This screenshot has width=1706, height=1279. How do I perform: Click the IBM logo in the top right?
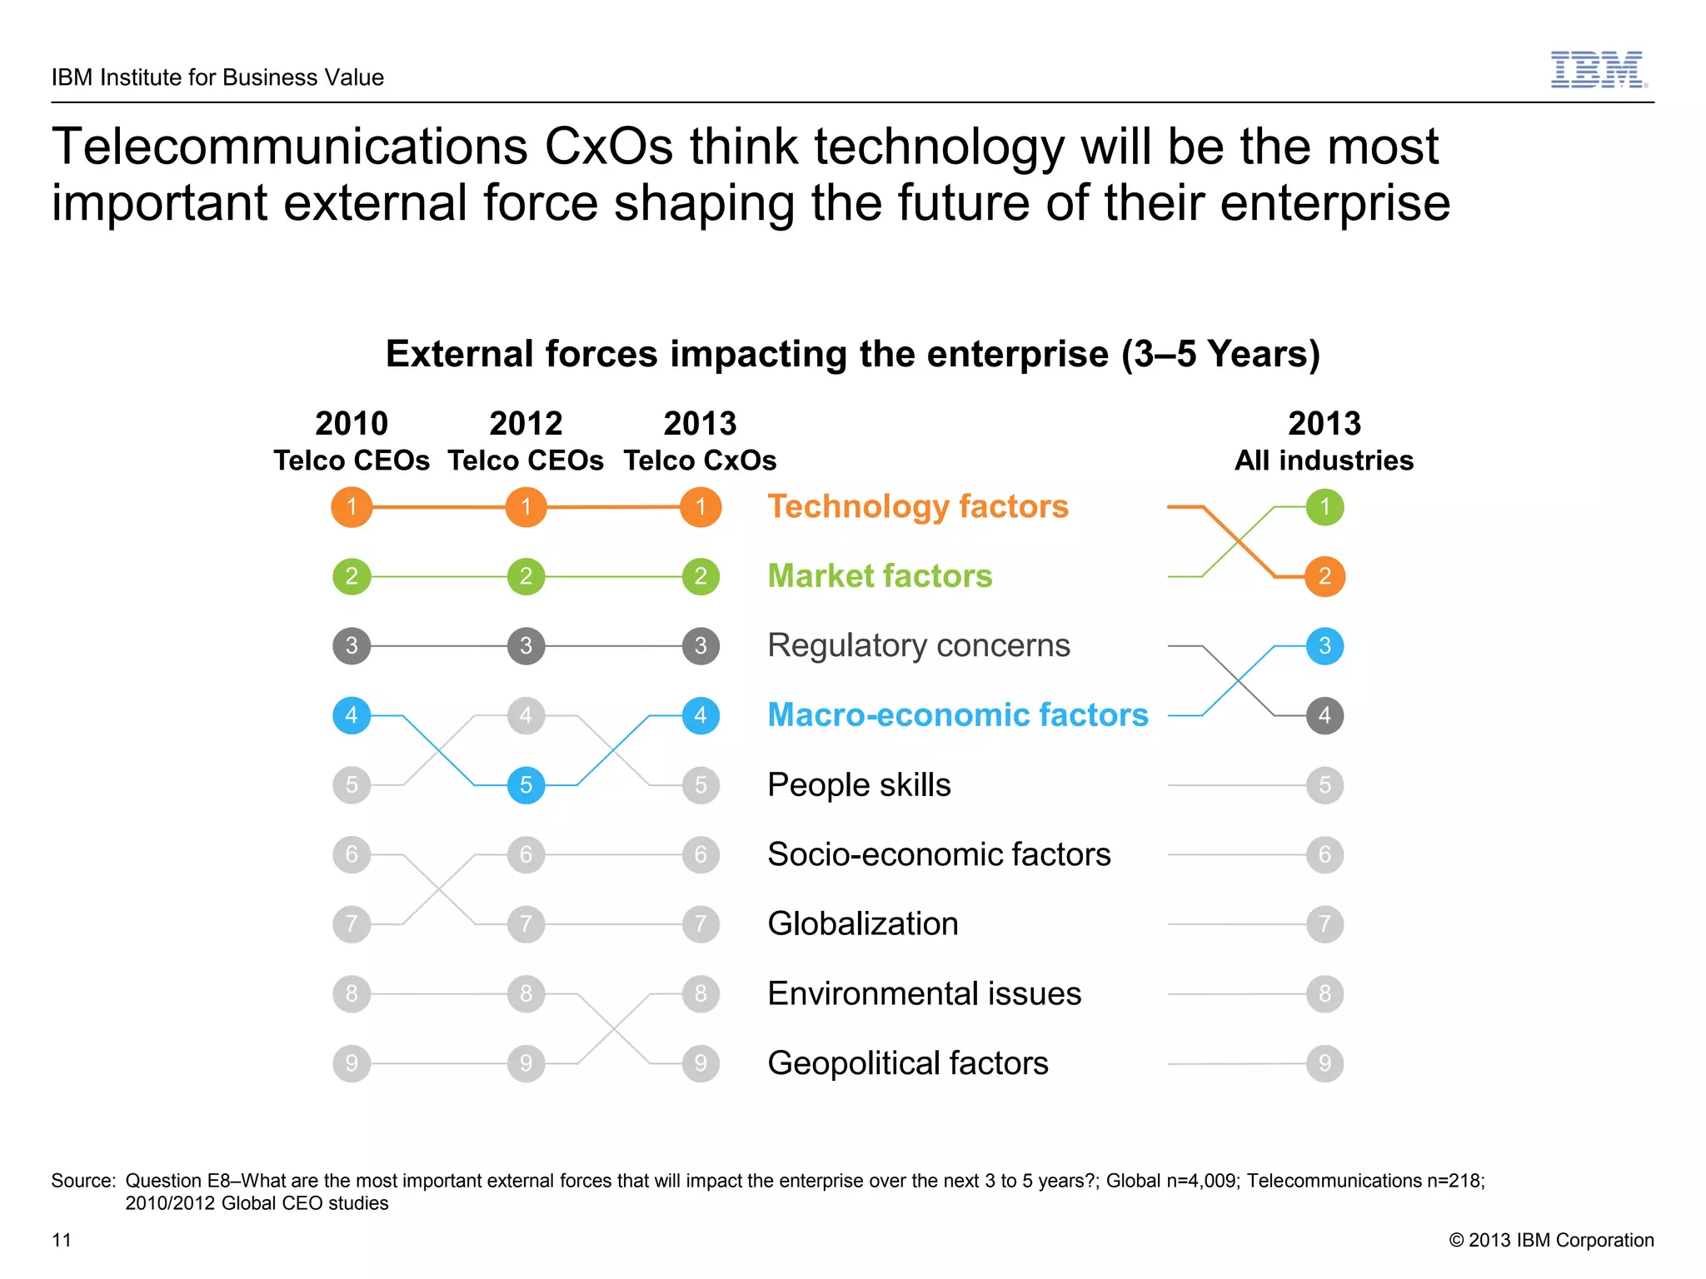[1598, 70]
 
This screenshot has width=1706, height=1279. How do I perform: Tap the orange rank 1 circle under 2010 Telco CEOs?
[352, 506]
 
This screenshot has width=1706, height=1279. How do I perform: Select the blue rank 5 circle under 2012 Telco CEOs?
[526, 785]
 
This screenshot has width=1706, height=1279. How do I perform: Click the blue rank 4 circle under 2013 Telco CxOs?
[701, 715]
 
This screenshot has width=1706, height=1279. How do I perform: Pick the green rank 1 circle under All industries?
[1324, 506]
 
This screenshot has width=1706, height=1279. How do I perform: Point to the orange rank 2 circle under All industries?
[1324, 576]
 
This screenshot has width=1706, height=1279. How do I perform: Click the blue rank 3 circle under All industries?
[1324, 645]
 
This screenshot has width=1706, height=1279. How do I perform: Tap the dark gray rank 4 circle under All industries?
[1324, 715]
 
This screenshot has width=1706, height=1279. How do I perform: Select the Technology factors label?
[917, 506]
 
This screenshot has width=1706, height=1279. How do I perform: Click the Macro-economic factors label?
[957, 715]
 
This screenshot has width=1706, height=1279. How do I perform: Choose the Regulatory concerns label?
[918, 645]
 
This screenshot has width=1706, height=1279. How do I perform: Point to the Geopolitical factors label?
[907, 1063]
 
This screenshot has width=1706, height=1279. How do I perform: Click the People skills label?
[859, 785]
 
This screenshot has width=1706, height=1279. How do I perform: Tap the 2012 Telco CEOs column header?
[526, 441]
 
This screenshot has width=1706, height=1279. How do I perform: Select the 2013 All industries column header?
[1324, 441]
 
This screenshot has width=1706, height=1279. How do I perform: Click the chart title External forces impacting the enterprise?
[852, 354]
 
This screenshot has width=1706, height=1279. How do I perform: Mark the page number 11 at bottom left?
[62, 1240]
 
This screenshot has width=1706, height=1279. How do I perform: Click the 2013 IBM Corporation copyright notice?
[1551, 1240]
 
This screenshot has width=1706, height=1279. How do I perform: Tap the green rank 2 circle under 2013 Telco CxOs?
[701, 576]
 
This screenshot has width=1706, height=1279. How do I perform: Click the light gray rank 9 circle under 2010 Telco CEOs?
[352, 1063]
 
